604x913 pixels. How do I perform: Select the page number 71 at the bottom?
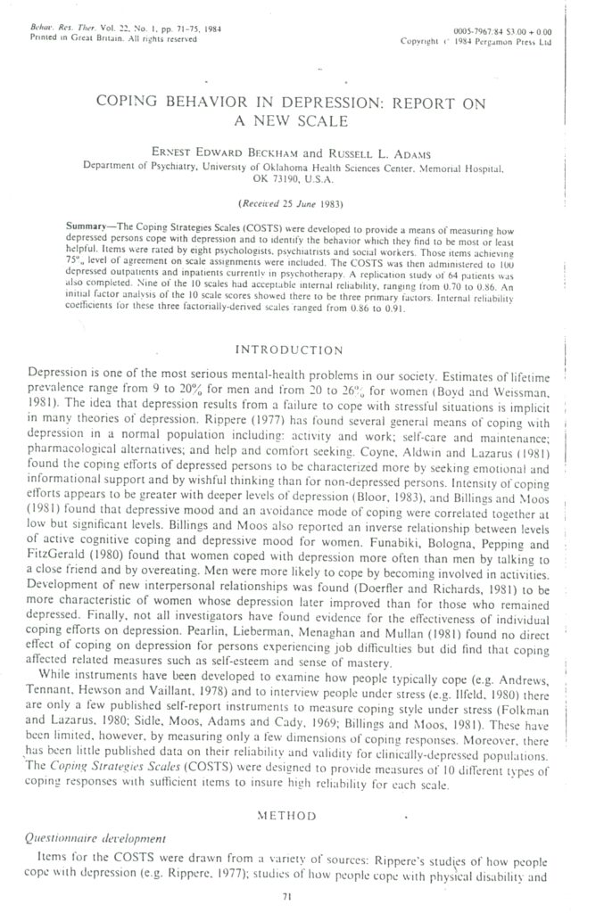(x=287, y=897)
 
